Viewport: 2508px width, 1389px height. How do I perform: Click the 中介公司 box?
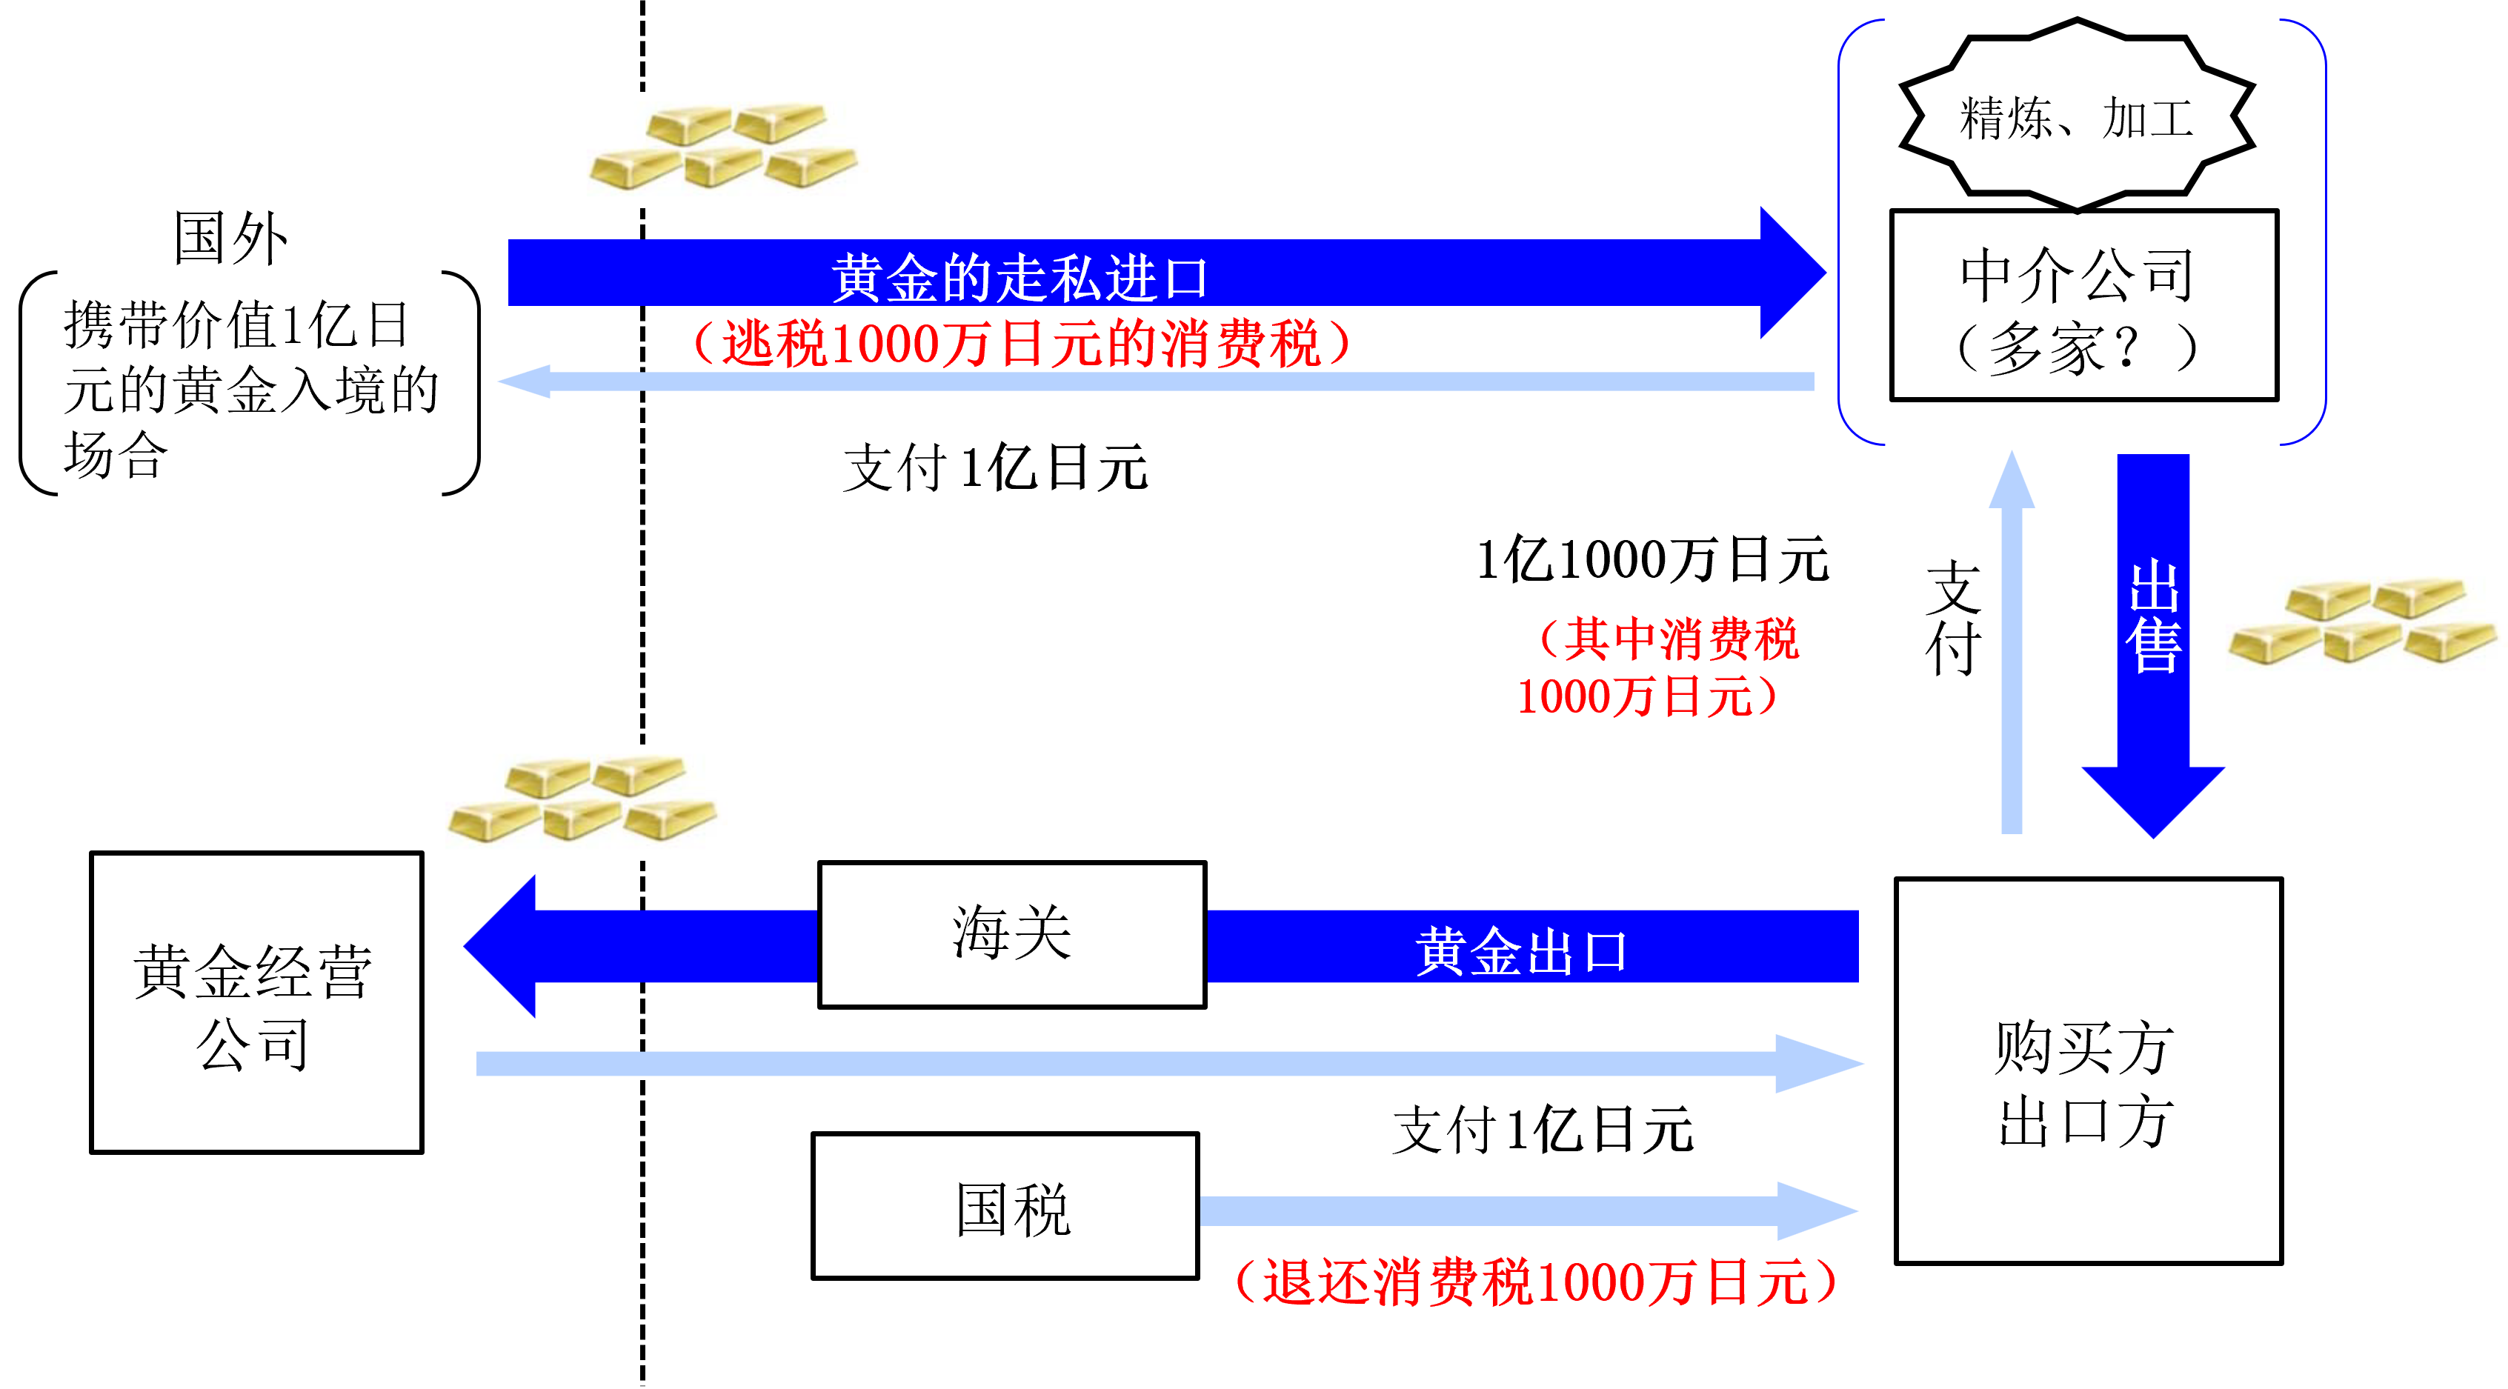2083,304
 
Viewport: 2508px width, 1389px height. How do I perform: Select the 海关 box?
1011,934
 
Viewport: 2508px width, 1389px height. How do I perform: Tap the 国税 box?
1005,1206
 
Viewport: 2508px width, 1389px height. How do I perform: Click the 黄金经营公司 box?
256,1002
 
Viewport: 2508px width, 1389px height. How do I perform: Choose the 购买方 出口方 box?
2089,1070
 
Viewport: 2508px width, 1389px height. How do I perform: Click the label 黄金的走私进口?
1020,277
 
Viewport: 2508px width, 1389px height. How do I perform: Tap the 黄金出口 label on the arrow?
1521,951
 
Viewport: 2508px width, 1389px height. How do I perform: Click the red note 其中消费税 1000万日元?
1659,667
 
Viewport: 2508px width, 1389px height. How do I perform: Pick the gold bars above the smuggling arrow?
726,150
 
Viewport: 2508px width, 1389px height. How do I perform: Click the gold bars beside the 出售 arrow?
2365,625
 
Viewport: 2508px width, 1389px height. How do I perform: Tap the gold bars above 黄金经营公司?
585,802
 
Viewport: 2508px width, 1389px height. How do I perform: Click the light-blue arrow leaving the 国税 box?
1529,1211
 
